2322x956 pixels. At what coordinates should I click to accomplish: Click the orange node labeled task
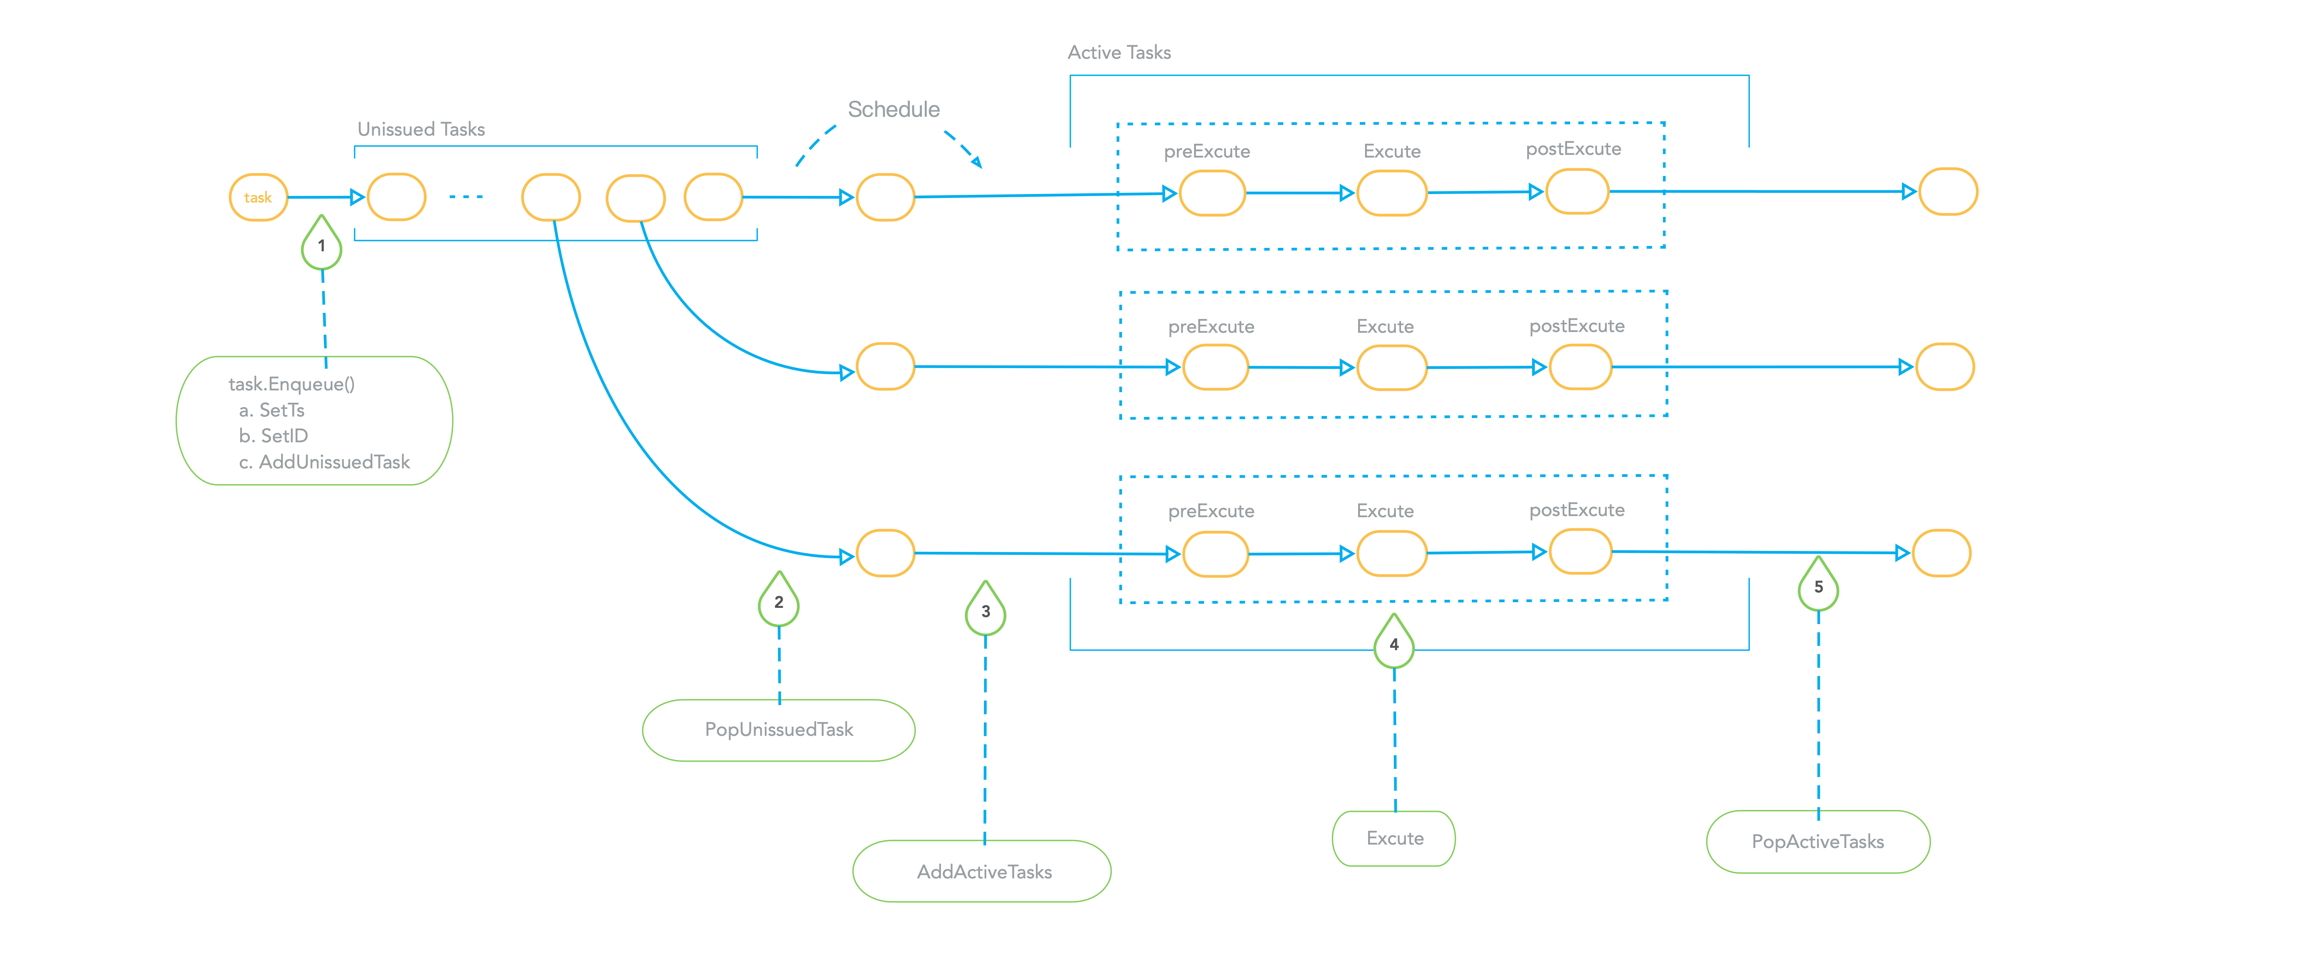258,198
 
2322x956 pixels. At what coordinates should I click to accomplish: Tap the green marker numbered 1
321,245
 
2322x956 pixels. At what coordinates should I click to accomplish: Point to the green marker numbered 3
985,611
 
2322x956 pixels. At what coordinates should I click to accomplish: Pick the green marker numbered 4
1393,644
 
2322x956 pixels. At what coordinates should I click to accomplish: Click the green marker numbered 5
1818,587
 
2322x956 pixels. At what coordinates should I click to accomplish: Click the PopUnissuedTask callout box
779,730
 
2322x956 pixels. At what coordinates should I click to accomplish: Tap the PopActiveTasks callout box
1817,841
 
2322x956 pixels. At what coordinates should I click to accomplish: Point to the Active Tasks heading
1119,52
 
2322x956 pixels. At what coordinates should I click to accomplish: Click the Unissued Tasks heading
421,129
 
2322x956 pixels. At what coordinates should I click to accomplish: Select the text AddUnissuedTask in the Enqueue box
334,462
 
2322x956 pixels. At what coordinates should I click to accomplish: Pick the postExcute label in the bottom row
1577,510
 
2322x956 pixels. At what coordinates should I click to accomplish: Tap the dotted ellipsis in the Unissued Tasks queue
466,197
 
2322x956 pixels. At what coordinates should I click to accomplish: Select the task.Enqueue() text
291,384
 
